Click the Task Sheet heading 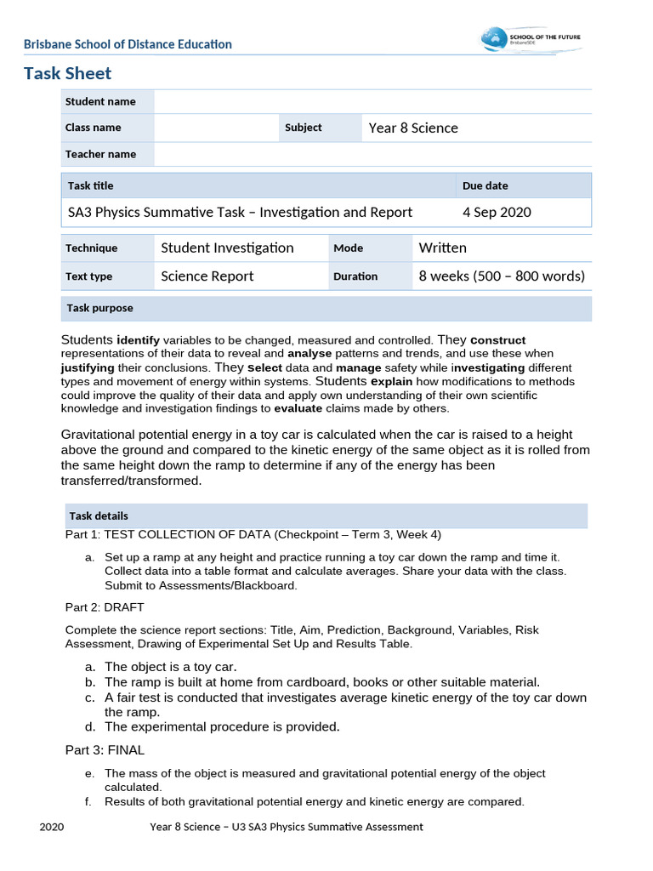67,73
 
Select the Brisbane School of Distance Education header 128,44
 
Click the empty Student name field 372,101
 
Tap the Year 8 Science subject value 413,128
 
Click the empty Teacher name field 372,154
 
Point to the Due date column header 485,185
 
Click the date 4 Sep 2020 497,212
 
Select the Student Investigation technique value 227,248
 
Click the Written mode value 442,248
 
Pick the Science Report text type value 207,276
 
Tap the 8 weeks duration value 502,276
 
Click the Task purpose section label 99,308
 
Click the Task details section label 99,515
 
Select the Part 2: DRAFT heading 105,607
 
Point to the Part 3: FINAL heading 105,750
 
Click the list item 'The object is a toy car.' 171,666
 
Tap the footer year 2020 52,827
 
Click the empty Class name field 216,128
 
